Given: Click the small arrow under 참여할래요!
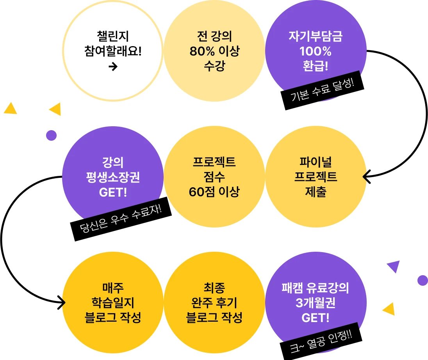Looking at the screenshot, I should [x=113, y=67].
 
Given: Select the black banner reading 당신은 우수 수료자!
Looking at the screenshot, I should [x=121, y=221].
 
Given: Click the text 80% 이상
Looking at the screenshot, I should [x=214, y=52].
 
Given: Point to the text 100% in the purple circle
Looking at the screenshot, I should [x=316, y=52].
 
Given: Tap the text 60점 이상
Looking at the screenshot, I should [x=214, y=192].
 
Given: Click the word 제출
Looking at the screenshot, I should [x=316, y=192].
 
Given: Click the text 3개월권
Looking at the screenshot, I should [x=316, y=303].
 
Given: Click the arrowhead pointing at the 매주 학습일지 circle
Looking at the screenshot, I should [x=61, y=301].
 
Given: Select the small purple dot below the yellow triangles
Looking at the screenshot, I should [x=51, y=136].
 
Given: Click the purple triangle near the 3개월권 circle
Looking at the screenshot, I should [x=394, y=266].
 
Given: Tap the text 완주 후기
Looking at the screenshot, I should [x=214, y=303].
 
